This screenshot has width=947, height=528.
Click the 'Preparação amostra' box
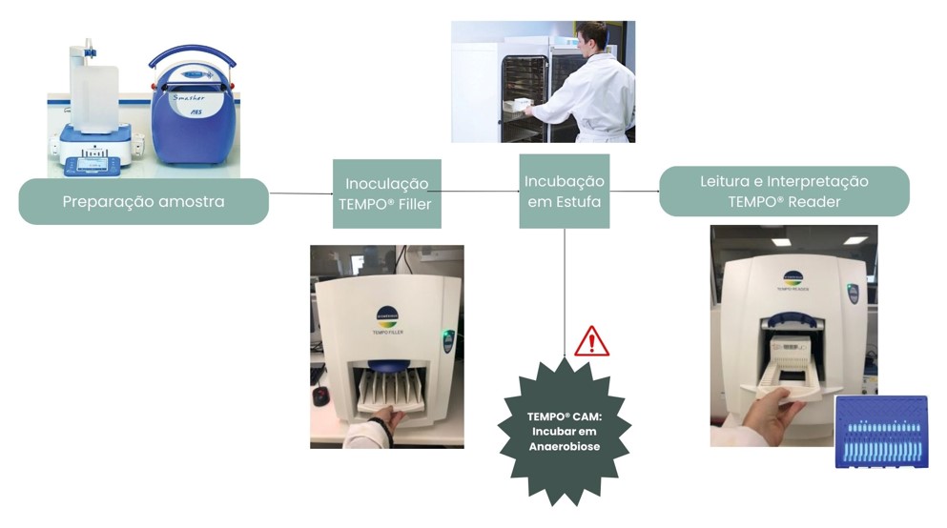143,201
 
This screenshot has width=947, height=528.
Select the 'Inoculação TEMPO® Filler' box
386,193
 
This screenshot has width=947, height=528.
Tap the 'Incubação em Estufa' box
564,191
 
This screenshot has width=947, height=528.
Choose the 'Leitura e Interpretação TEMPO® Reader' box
784,192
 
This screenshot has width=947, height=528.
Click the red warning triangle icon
591,341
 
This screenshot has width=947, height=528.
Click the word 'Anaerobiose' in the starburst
565,446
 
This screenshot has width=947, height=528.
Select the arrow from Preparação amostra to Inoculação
300,193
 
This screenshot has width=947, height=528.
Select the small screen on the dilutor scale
93,164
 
